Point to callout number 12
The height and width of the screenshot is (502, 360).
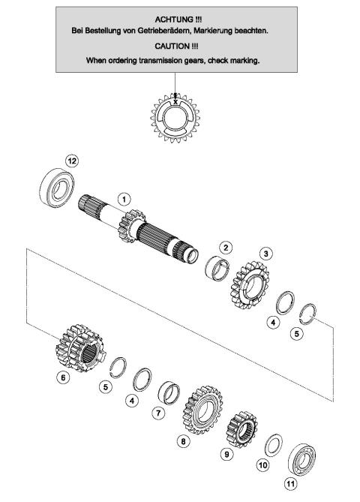72,160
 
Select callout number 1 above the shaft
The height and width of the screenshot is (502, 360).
124,199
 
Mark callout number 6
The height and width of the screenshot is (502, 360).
64,377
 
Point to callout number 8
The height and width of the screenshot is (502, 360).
183,442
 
